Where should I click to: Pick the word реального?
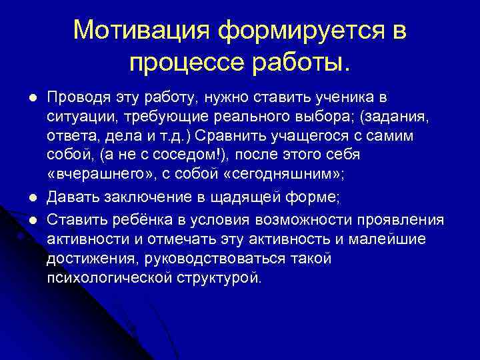252,117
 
